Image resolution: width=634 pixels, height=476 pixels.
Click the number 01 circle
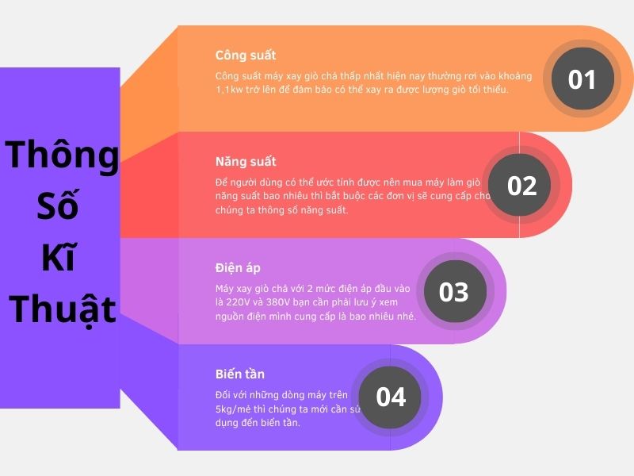pos(582,79)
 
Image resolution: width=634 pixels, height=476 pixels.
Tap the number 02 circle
pos(522,186)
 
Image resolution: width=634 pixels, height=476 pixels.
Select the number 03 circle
pos(454,292)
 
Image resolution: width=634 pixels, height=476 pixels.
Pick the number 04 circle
pos(391,397)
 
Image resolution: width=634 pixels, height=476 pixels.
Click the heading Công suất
pos(246,56)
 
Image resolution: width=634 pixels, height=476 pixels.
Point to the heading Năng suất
pos(246,162)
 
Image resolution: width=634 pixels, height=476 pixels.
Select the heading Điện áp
pos(238,268)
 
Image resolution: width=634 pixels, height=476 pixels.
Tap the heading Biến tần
pos(240,374)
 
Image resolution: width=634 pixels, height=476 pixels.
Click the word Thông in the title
pos(61,154)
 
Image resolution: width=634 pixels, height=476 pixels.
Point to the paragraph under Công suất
pos(372,83)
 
